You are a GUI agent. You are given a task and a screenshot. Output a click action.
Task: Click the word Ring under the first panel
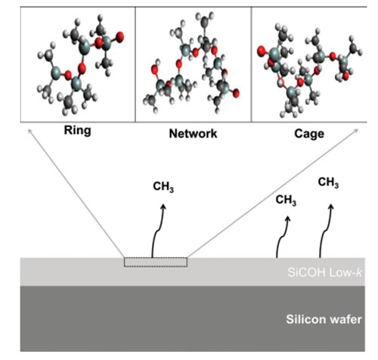[x=77, y=131]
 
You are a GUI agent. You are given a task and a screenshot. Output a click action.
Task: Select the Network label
[x=193, y=134]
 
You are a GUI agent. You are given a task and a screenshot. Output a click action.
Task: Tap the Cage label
[x=309, y=134]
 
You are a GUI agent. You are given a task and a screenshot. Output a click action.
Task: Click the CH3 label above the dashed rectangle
[x=163, y=187]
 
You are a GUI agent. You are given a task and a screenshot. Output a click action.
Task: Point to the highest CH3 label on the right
[x=328, y=182]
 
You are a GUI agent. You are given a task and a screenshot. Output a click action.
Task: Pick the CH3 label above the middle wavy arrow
[x=286, y=200]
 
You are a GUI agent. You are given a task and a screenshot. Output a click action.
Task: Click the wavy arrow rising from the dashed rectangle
[x=157, y=231]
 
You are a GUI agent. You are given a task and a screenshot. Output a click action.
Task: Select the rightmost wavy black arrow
[x=326, y=231]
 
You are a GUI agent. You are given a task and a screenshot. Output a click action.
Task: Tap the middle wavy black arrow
[x=283, y=237]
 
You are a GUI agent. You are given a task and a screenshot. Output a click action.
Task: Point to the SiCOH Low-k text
[x=324, y=273]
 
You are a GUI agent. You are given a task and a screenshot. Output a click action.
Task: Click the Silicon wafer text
[x=324, y=319]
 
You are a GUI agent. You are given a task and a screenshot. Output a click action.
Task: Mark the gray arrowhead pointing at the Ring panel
[x=29, y=131]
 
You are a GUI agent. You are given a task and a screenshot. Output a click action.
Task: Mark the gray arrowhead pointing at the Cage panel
[x=356, y=130]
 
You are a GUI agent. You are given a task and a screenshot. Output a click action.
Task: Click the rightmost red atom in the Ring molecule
[x=120, y=36]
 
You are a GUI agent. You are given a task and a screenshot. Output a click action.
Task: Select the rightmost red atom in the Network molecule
[x=236, y=93]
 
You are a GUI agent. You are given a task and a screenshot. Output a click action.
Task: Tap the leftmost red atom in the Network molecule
[x=155, y=70]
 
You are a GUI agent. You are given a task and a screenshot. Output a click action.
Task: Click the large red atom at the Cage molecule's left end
[x=262, y=51]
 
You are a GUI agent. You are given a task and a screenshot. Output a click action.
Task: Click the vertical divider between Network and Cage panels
[x=251, y=64]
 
